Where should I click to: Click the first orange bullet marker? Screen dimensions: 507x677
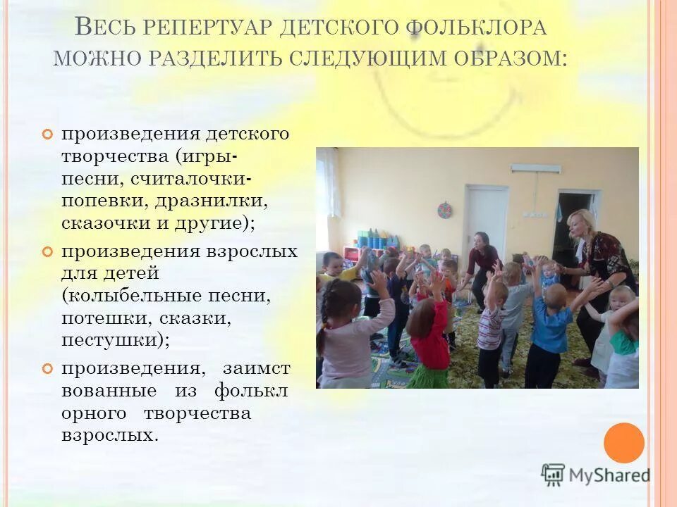tap(47, 134)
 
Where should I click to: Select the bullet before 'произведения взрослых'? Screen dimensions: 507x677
tap(47, 251)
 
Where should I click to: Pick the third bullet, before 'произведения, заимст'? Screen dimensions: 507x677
tap(47, 368)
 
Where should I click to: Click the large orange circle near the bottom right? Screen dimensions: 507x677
tap(624, 443)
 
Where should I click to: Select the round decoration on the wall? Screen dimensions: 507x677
tap(444, 210)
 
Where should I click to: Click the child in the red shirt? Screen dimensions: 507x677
tap(430, 331)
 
